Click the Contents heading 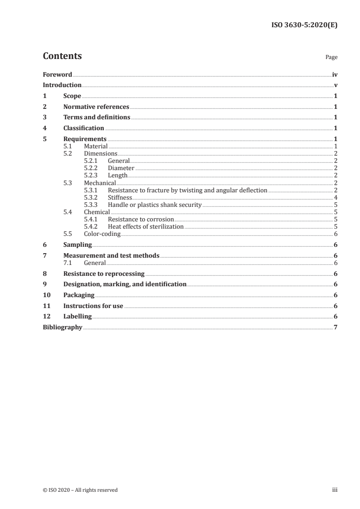coord(62,56)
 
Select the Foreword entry coord(57,74)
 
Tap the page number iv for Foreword coord(335,74)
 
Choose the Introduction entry coord(62,85)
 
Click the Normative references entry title coord(96,107)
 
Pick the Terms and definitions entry coord(97,117)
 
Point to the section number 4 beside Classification coord(44,128)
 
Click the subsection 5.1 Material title coord(95,146)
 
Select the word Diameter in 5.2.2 coord(121,168)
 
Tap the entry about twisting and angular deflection coord(187,190)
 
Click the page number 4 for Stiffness coord(335,197)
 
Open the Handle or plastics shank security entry coord(154,205)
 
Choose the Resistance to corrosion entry coord(141,219)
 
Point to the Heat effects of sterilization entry coord(146,226)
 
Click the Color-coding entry coord(102,234)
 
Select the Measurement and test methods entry coord(111,255)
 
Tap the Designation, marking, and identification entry coord(125,284)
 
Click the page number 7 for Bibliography coord(335,327)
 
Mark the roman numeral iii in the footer coord(335,489)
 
